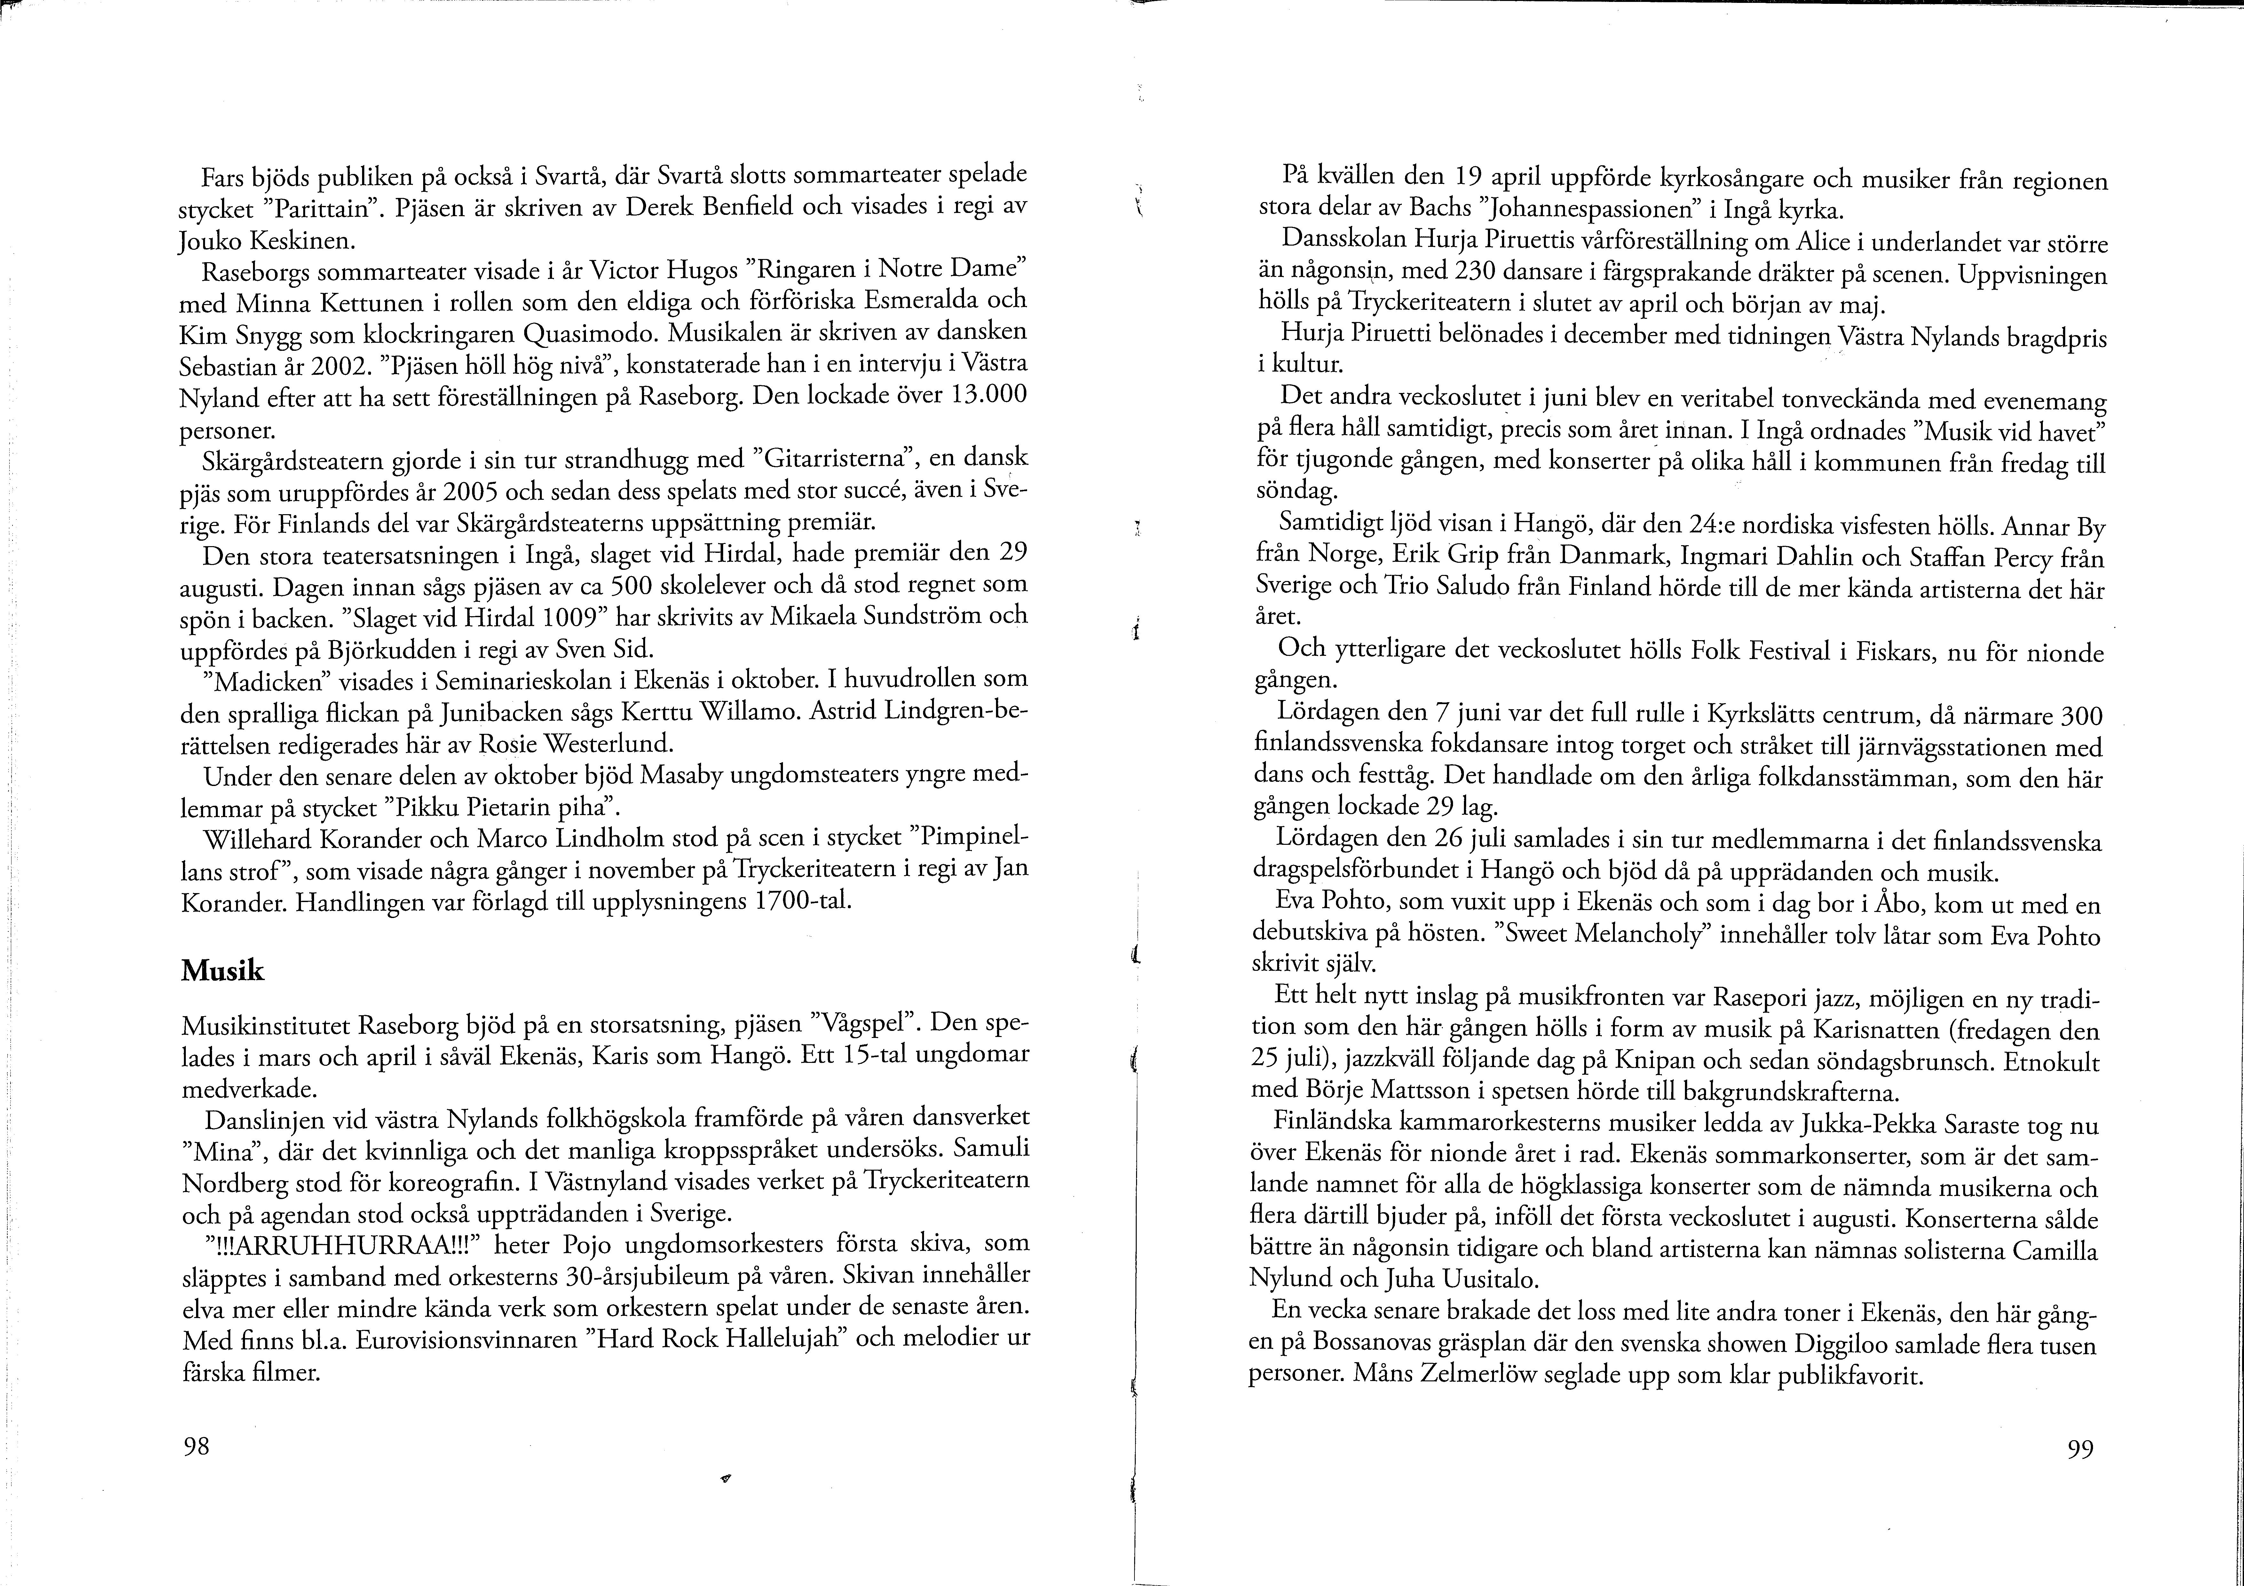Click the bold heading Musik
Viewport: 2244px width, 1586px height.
[x=223, y=970]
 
